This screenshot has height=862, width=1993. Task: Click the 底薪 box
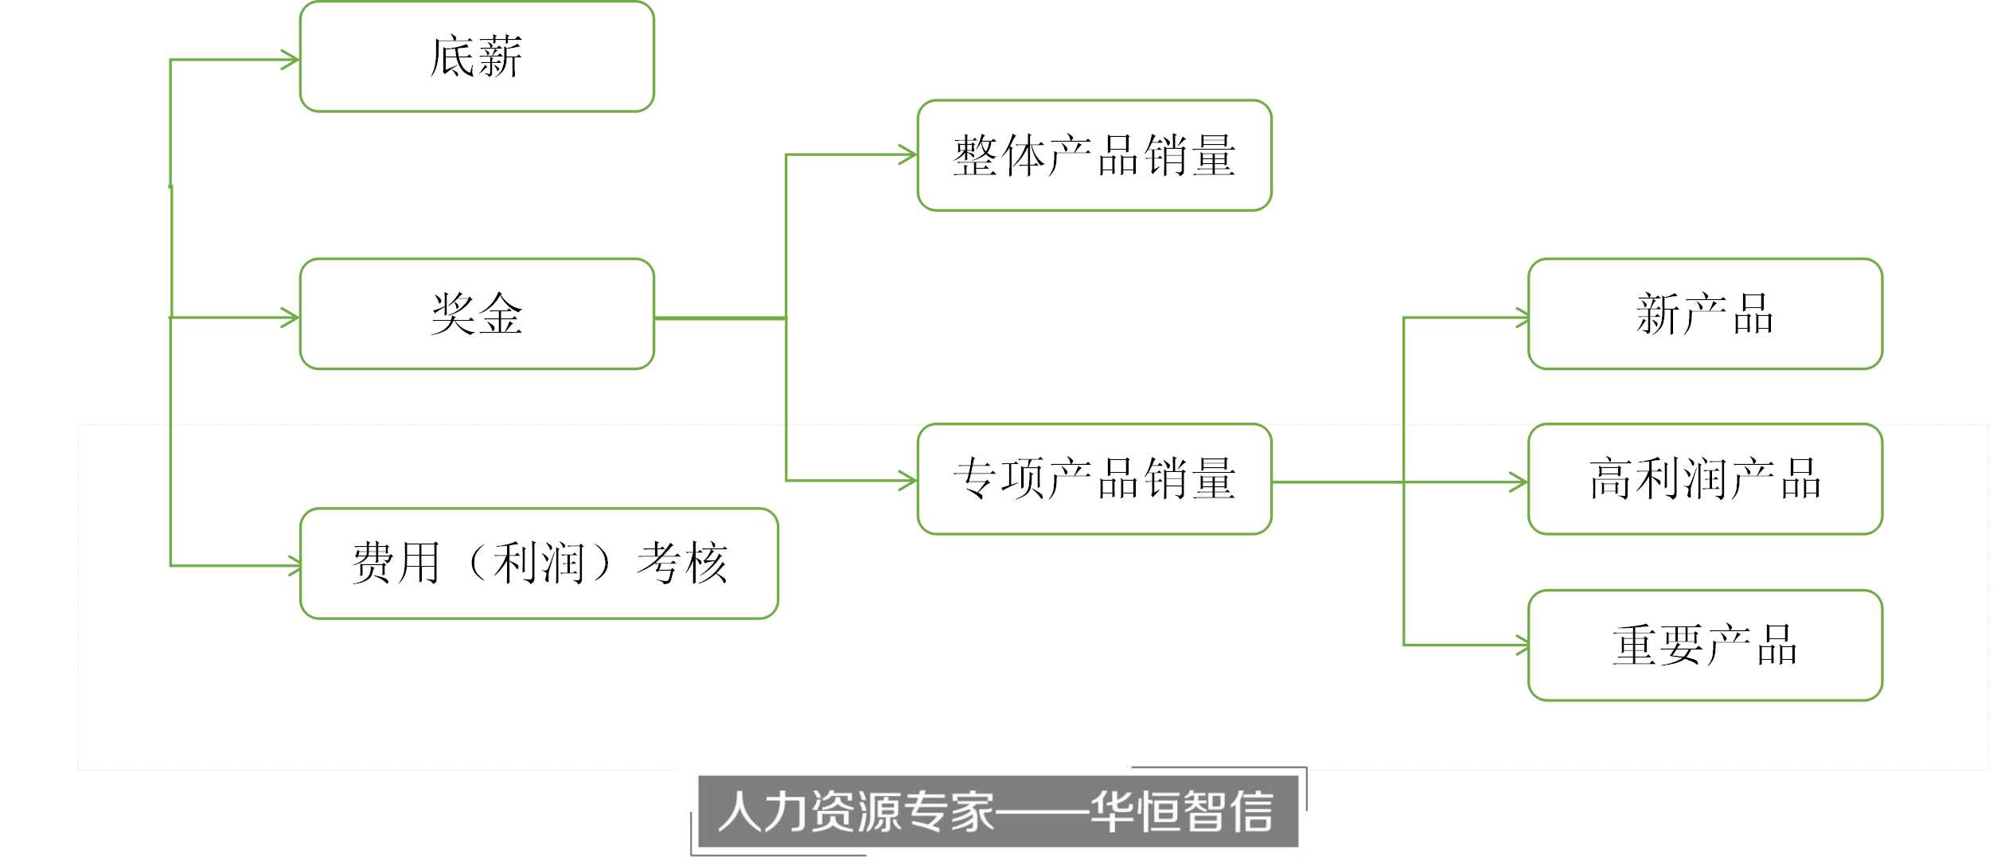coord(477,57)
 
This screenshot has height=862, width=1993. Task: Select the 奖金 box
coord(477,314)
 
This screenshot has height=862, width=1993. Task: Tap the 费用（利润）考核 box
coord(539,564)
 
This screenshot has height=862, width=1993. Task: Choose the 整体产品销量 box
coord(1094,155)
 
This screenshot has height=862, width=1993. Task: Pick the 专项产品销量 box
coord(1094,479)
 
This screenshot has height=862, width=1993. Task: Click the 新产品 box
coord(1705,314)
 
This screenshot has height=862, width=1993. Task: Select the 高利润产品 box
coord(1705,479)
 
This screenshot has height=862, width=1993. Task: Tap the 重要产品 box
coord(1705,646)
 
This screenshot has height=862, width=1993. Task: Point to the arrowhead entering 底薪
coord(291,60)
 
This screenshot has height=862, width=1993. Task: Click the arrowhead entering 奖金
coord(291,318)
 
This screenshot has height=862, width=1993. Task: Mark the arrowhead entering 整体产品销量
coord(908,154)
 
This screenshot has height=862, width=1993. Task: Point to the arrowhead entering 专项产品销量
coord(908,481)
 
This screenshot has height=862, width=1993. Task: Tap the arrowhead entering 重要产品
coord(1522,646)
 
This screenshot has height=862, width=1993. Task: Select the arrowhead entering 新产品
coord(1522,318)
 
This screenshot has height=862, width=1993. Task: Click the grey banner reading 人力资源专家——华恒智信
coord(998,811)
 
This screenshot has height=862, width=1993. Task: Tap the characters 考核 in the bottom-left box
coord(682,564)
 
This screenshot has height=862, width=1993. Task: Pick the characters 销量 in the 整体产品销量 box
coord(1190,155)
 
